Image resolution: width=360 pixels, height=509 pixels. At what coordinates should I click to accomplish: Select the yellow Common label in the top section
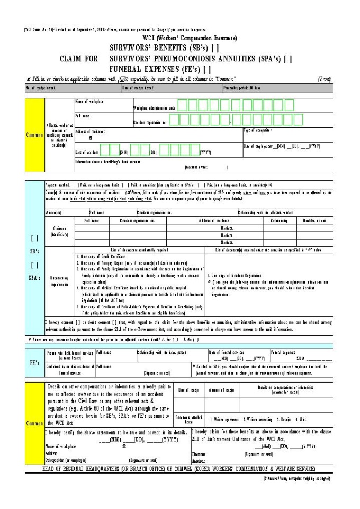tap(34, 134)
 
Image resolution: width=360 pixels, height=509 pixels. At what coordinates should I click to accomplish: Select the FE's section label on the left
tap(34, 365)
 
